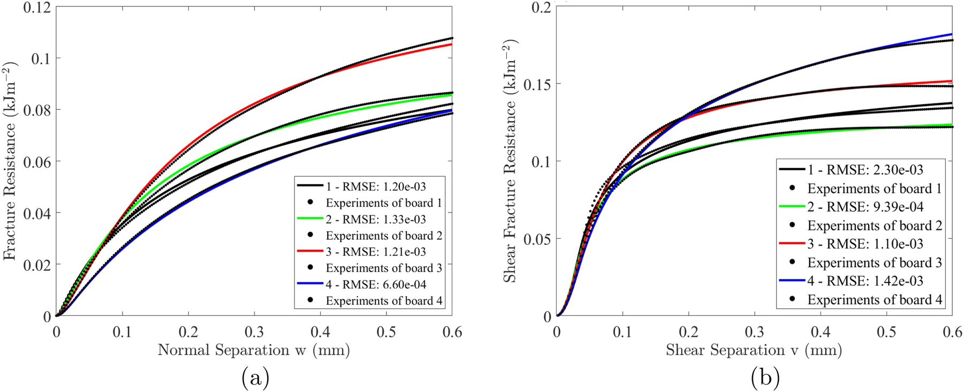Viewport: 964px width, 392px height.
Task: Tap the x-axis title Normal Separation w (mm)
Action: [254, 350]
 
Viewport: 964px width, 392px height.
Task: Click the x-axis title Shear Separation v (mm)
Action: [754, 350]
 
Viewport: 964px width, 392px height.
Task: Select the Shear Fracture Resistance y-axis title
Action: [510, 161]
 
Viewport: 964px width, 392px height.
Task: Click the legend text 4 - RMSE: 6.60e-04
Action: [376, 284]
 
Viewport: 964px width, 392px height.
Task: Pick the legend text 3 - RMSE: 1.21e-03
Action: [376, 252]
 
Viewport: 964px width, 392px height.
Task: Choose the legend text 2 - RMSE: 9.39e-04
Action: [866, 207]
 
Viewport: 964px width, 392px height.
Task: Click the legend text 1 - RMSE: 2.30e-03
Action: [866, 170]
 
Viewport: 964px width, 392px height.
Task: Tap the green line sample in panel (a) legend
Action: [310, 219]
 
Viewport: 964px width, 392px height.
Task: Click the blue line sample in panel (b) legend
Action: [792, 281]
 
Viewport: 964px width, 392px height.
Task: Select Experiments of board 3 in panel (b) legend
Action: [874, 262]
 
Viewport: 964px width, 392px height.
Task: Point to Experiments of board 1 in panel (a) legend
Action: [383, 203]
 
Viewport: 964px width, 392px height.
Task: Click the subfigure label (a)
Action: [255, 378]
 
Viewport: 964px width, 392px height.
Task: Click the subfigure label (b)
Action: [765, 378]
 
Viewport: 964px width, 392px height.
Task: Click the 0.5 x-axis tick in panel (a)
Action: [386, 332]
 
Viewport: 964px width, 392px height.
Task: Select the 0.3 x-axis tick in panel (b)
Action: [754, 332]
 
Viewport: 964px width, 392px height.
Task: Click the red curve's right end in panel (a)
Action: [451, 44]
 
